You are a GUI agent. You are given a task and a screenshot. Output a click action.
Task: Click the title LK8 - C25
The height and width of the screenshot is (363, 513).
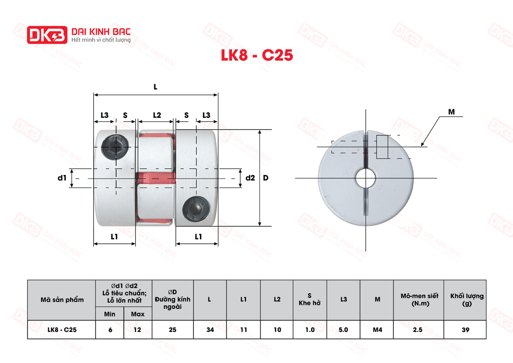256,55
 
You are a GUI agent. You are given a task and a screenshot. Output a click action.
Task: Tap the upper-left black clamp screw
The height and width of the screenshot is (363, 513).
111,146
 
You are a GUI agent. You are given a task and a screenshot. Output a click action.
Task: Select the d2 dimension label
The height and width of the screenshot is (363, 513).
250,178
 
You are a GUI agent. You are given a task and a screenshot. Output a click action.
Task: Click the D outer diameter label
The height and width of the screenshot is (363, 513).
266,178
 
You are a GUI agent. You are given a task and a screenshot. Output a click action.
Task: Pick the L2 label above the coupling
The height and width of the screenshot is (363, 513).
156,115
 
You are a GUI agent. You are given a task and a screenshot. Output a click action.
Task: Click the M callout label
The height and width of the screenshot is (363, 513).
451,112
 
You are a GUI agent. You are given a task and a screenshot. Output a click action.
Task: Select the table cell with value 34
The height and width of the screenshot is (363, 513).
209,329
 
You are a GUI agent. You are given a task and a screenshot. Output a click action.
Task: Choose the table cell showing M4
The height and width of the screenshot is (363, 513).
377,329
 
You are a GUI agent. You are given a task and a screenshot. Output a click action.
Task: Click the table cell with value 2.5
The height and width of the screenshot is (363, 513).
418,329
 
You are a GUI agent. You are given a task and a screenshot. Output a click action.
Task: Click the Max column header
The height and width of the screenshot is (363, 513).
137,314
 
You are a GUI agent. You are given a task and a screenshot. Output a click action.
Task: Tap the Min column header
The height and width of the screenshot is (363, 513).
110,314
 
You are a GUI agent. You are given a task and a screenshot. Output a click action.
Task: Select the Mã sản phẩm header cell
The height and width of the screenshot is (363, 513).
62,300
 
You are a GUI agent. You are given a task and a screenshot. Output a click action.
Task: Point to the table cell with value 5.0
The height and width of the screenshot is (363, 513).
343,329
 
